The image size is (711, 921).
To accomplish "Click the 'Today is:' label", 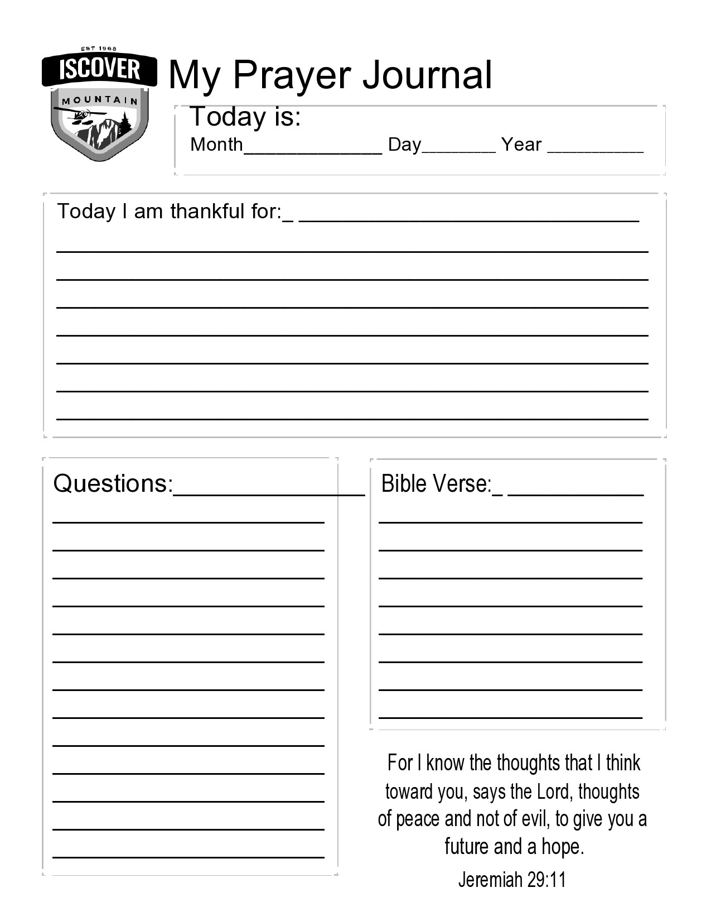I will click(245, 117).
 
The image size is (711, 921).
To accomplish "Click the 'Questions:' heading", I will click(113, 483).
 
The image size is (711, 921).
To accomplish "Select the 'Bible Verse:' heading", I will click(436, 483).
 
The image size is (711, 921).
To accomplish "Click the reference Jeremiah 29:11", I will click(512, 880).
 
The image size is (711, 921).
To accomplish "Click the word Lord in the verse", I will click(554, 792).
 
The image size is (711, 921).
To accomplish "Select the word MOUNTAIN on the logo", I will click(100, 100).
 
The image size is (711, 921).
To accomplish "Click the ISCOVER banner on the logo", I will click(99, 70).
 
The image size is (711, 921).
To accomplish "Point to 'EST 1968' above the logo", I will click(99, 49).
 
